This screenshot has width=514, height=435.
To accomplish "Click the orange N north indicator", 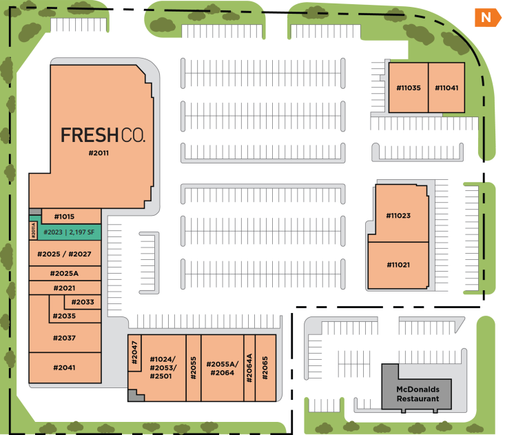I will (488, 17).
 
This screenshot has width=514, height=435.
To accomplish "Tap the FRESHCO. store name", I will (103, 134).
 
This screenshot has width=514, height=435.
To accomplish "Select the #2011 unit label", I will (100, 153).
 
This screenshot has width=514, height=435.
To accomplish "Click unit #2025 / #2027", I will (65, 254).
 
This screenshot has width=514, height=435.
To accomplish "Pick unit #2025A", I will (65, 274).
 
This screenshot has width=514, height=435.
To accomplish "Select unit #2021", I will (65, 288).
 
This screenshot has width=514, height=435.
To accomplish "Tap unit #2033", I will (83, 302).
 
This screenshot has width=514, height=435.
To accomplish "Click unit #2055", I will (194, 367).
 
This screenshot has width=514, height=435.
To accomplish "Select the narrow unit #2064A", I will (249, 367).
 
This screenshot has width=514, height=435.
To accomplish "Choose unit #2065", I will (265, 367).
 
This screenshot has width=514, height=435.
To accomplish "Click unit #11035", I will (408, 88).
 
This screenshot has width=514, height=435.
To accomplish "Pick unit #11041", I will (446, 88).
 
